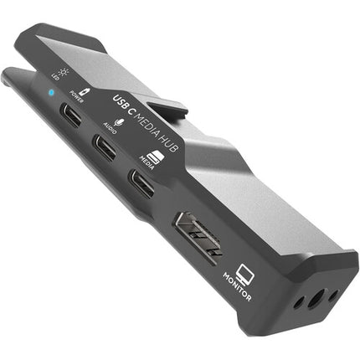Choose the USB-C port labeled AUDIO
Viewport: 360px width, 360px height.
(x=105, y=151)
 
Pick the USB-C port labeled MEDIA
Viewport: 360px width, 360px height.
(x=141, y=184)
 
